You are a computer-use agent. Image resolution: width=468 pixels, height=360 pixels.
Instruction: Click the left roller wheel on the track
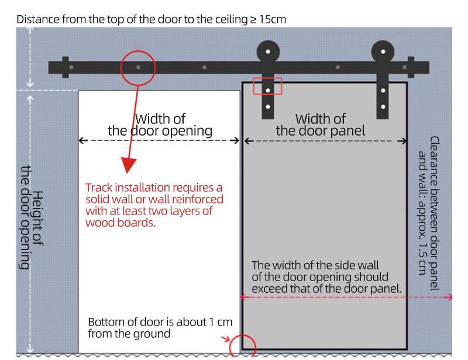click(267, 51)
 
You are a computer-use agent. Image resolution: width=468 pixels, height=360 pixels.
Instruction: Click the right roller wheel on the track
click(383, 51)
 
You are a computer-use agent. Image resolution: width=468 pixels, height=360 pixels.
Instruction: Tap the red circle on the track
click(138, 67)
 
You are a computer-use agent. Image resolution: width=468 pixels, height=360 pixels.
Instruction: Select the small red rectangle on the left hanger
click(267, 86)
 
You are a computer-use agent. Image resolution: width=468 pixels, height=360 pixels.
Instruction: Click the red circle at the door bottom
click(242, 347)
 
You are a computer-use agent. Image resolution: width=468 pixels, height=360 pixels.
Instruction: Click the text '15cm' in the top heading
click(272, 19)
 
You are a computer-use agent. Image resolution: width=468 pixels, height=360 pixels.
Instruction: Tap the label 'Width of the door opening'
click(160, 124)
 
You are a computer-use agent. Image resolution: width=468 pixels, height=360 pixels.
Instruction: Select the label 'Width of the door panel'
click(321, 124)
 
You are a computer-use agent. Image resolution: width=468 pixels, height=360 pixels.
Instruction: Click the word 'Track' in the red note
click(99, 188)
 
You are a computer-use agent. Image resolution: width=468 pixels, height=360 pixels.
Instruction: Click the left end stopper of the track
click(65, 67)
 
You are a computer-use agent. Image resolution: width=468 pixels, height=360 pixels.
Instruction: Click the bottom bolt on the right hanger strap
click(383, 106)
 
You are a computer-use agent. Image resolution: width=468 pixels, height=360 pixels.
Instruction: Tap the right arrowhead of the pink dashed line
click(449, 297)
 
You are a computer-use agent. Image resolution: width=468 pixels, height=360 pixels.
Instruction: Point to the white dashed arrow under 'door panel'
click(325, 140)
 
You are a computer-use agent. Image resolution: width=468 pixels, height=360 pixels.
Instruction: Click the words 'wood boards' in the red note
click(121, 222)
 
